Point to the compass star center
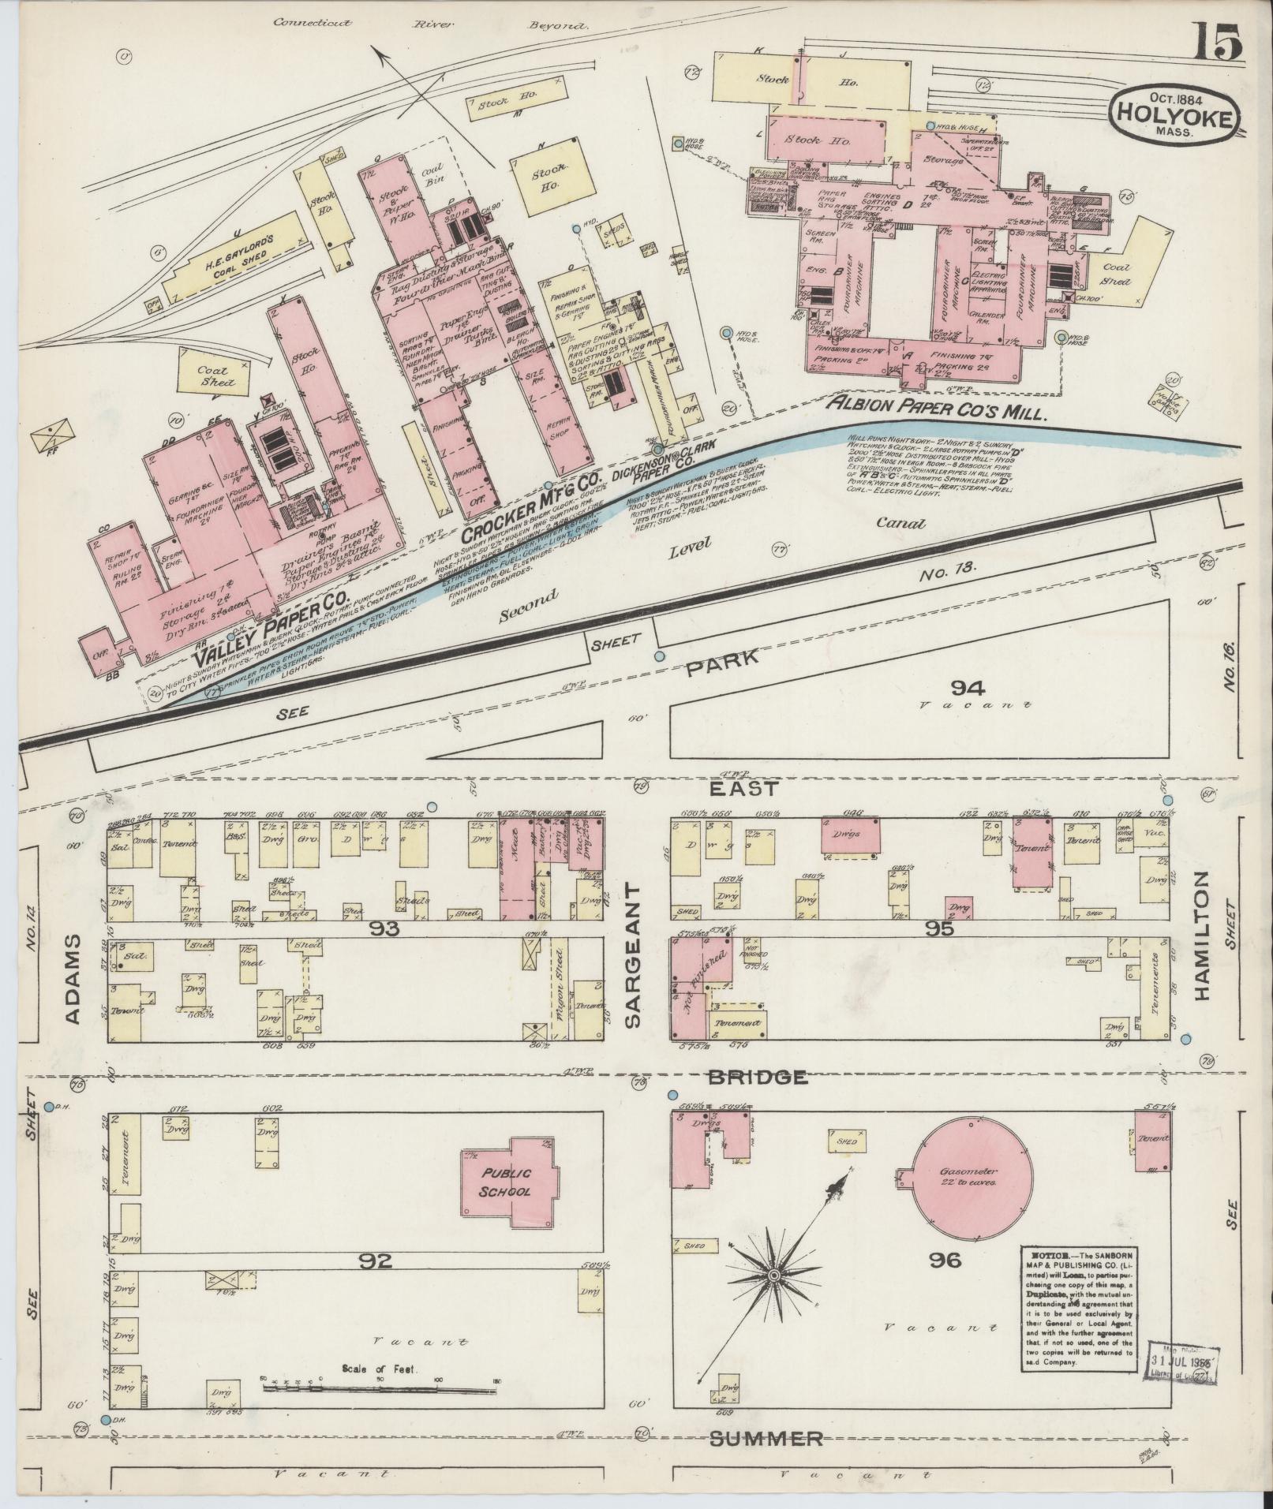[773, 1276]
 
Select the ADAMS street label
[73, 978]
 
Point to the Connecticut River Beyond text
[430, 24]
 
